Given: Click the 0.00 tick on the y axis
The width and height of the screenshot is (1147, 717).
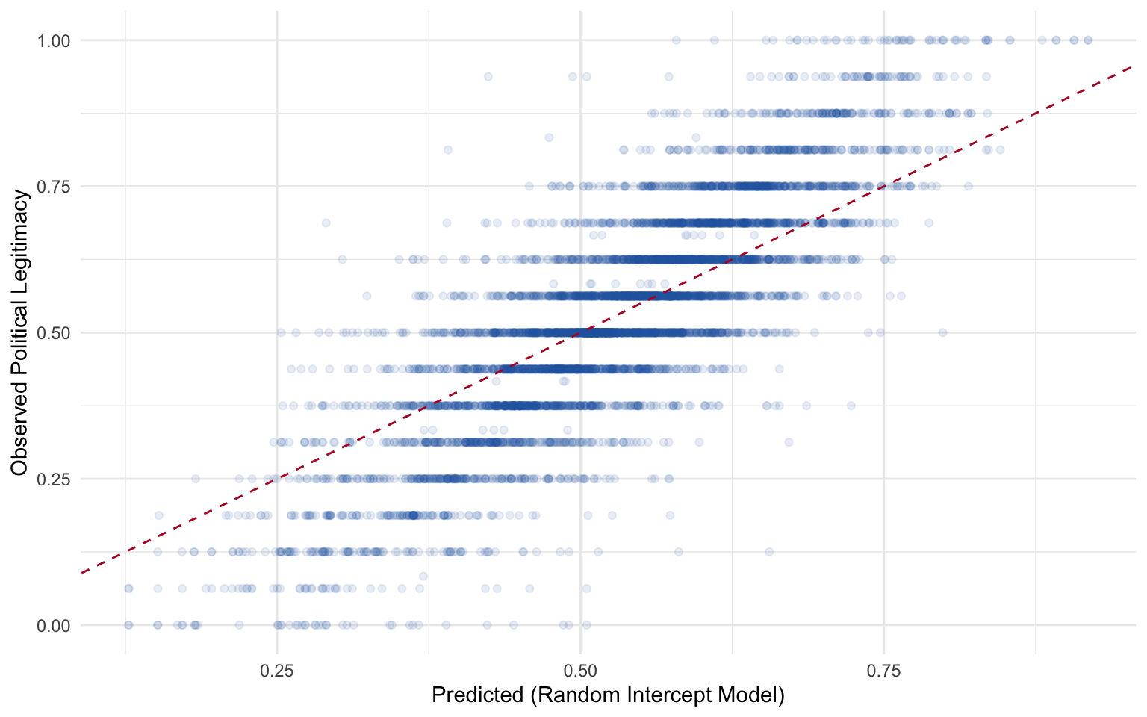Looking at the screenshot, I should point(54,625).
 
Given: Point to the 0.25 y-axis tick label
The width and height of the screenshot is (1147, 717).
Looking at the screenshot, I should point(54,479).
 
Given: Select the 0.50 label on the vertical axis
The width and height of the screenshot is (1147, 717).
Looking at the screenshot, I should point(54,332).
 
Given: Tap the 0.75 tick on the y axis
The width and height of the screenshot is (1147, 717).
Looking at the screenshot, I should point(54,186).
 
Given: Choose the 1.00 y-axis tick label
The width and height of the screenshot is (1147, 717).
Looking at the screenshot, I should point(54,40).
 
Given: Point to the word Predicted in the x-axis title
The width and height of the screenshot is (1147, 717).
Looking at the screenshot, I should point(478,695).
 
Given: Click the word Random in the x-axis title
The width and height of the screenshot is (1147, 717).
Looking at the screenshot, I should point(575,695).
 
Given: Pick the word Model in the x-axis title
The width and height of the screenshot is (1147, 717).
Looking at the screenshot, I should point(752,695).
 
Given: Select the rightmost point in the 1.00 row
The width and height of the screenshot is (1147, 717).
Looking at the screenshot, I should point(1088,40).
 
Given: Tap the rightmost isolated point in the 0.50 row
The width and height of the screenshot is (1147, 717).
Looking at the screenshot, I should point(942,332).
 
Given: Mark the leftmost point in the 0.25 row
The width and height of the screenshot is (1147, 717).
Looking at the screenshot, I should point(196,479).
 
